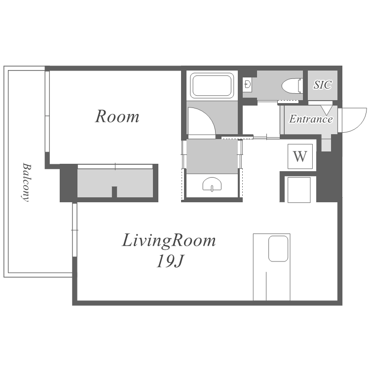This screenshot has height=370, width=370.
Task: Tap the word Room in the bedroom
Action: [x=117, y=116]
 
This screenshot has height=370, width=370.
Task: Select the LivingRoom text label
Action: [x=169, y=240]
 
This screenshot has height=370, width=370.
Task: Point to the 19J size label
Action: [x=170, y=261]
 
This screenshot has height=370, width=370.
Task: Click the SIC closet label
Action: [x=323, y=85]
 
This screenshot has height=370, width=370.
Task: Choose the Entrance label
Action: [x=311, y=119]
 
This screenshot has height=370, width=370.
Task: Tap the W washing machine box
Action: [x=300, y=156]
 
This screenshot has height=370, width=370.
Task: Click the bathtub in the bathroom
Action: [x=212, y=85]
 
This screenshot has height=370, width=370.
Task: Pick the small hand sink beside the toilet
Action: [x=248, y=83]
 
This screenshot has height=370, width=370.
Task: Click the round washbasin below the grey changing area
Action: [x=212, y=184]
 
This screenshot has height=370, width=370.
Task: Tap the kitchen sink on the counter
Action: [x=278, y=249]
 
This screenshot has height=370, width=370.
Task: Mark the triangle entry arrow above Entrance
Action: [x=327, y=110]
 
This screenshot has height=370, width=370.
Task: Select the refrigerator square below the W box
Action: [x=299, y=189]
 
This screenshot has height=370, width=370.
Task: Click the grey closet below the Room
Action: [x=115, y=183]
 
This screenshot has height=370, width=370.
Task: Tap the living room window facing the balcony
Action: [x=74, y=230]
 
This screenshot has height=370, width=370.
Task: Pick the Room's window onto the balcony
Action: [x=47, y=111]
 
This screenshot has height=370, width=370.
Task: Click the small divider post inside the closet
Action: [x=114, y=192]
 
